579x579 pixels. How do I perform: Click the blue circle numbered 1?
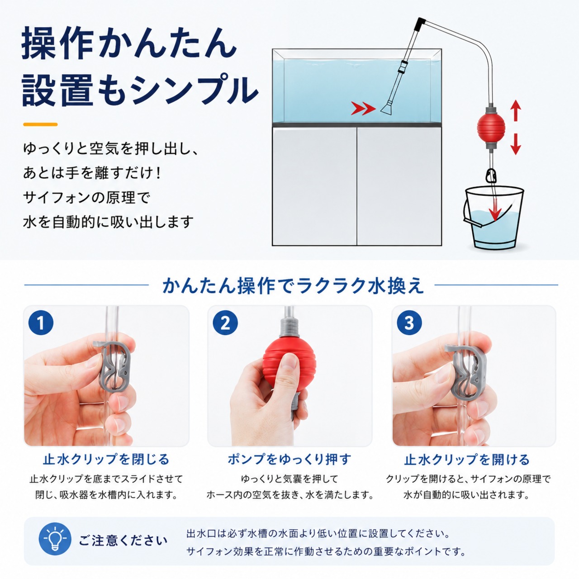41,323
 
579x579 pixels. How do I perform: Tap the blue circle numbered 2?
225,323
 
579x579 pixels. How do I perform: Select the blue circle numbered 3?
409,323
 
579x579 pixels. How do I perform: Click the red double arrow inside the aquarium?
364,108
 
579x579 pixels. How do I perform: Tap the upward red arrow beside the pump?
516,110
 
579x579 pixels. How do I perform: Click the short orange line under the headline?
40,124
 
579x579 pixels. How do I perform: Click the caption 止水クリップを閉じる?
106,460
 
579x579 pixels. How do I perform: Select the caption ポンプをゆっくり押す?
289,460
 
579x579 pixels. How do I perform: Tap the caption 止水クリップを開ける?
467,460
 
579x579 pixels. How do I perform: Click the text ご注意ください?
123,540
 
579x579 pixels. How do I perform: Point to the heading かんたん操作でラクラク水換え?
293,285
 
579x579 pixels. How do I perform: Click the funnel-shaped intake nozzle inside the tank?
389,109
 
